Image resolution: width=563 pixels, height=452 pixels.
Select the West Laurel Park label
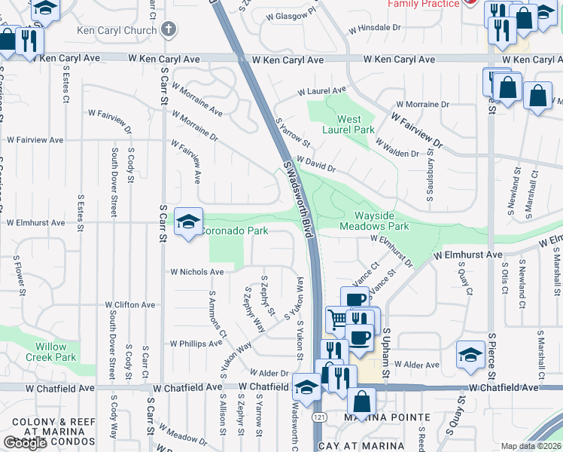pos(348,124)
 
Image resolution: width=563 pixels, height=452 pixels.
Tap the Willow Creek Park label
pos(50,352)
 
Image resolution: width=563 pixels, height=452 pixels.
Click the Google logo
pos(25,443)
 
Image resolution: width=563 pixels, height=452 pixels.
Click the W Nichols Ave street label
pos(196,272)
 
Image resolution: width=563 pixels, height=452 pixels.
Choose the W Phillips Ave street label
pos(196,343)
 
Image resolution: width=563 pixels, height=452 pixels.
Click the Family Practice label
pos(423,4)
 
